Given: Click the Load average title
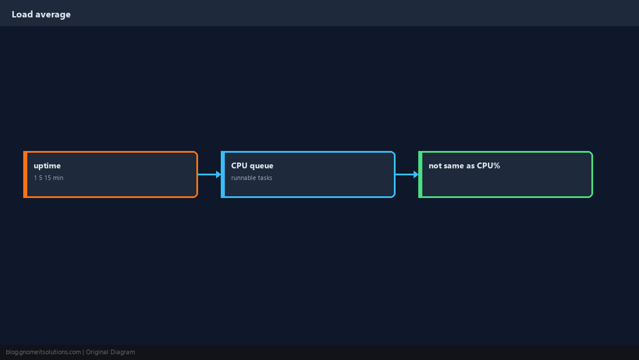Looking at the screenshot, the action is coord(41,15).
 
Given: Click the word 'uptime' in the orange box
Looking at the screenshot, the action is coord(47,165).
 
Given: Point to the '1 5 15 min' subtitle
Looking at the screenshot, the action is coord(48,178).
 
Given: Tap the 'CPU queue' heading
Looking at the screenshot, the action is coord(252,165).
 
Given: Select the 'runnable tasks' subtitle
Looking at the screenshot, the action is coord(252,178).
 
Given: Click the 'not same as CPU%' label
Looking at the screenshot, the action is coord(464,165).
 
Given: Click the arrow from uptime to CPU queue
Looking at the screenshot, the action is coord(210,174).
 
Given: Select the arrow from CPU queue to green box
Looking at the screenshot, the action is coord(407,174).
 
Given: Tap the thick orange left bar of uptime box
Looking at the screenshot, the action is coord(25,174).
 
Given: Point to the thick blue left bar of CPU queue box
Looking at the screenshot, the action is coord(223,174).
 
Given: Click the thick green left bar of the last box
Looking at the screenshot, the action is coord(421,174).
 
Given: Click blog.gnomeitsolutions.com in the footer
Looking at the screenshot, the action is coord(43,352).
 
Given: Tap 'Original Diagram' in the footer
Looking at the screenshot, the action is coord(110,352).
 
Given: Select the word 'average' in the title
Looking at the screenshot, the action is coord(53,15).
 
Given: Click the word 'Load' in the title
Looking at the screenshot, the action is coord(22,15).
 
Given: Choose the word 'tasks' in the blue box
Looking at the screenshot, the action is coord(265,178).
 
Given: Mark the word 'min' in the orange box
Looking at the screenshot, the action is coord(58,178).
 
